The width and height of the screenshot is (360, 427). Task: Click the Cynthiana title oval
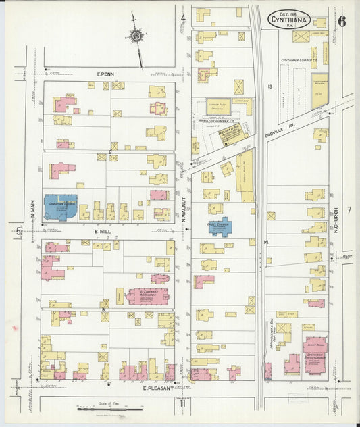click(290, 19)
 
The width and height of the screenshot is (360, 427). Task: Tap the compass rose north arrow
click(136, 36)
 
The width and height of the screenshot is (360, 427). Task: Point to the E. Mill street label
click(102, 231)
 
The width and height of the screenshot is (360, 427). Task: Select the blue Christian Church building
click(60, 207)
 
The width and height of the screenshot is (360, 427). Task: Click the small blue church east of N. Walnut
click(219, 225)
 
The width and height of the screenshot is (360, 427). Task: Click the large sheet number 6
click(342, 20)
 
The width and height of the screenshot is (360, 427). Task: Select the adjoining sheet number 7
click(349, 210)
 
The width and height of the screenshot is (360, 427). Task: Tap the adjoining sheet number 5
click(19, 231)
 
